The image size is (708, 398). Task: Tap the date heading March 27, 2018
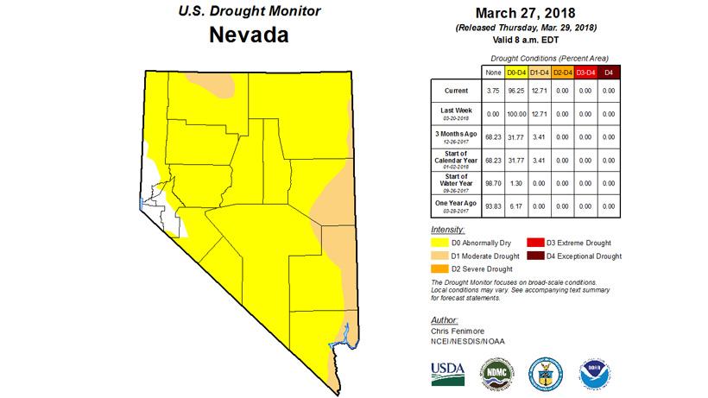[525, 13]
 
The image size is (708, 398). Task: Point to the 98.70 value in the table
[495, 182]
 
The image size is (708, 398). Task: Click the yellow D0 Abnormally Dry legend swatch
[438, 243]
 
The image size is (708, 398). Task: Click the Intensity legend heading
[447, 231]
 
